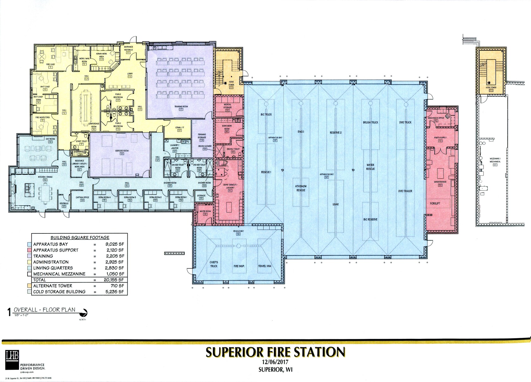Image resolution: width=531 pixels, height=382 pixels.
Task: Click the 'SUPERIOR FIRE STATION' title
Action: click(x=275, y=352)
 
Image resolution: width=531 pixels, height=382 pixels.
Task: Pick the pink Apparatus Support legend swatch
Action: click(x=29, y=250)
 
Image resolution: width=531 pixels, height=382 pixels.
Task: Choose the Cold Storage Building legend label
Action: click(x=59, y=292)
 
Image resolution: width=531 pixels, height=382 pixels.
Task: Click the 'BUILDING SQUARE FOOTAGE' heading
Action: click(x=80, y=238)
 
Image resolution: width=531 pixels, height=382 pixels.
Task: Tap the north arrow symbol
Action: click(x=84, y=313)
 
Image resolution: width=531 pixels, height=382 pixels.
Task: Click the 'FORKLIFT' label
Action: click(x=435, y=203)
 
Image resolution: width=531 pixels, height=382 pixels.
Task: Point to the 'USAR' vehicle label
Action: click(x=336, y=204)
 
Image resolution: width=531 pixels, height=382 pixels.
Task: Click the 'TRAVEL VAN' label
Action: click(x=265, y=266)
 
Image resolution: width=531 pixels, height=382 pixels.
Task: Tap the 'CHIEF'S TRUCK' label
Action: click(x=214, y=264)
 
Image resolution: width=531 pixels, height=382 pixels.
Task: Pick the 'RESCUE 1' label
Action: click(x=266, y=172)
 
